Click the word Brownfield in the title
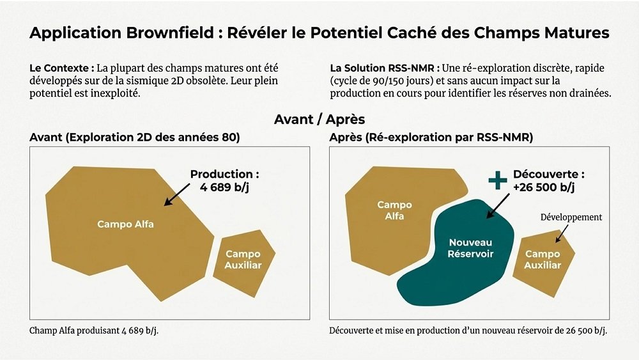[x=171, y=33]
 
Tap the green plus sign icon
[x=498, y=180]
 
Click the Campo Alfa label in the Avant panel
[x=125, y=224]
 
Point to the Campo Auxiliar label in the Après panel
[x=543, y=260]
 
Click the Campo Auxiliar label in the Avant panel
[x=243, y=260]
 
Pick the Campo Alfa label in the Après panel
[x=394, y=210]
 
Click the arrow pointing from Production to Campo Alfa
[x=176, y=194]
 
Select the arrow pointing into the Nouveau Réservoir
[x=498, y=206]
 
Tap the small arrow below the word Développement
[x=562, y=234]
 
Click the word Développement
[x=571, y=217]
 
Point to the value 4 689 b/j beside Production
[x=224, y=187]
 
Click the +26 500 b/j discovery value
[x=544, y=187]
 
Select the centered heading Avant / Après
[x=319, y=120]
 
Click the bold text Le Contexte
[x=62, y=68]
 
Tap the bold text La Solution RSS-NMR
[x=385, y=68]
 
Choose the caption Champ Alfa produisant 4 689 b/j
[x=94, y=331]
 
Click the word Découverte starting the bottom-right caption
[x=351, y=330]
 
